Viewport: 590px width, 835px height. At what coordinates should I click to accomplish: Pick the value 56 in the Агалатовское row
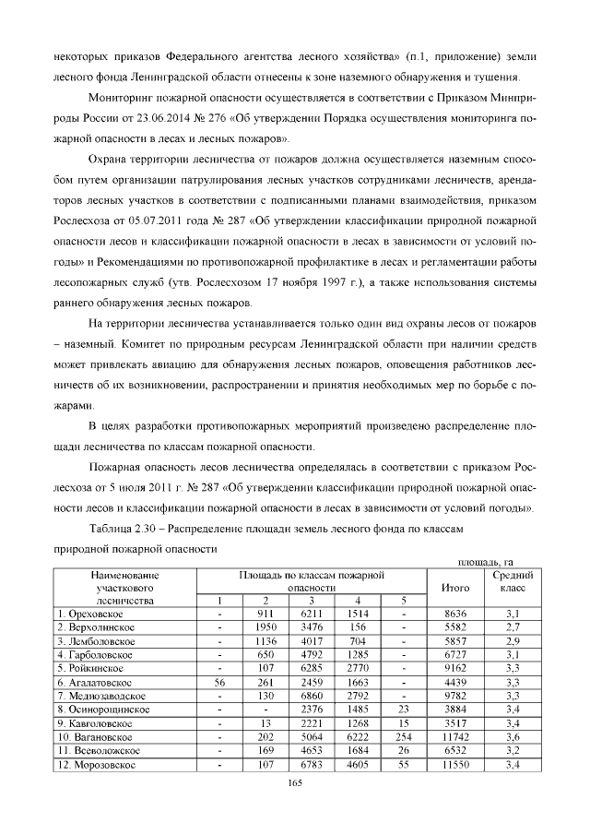pos(219,682)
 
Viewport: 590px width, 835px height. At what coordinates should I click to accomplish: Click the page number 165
pos(295,784)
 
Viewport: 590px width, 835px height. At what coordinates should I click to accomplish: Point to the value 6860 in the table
pos(310,696)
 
